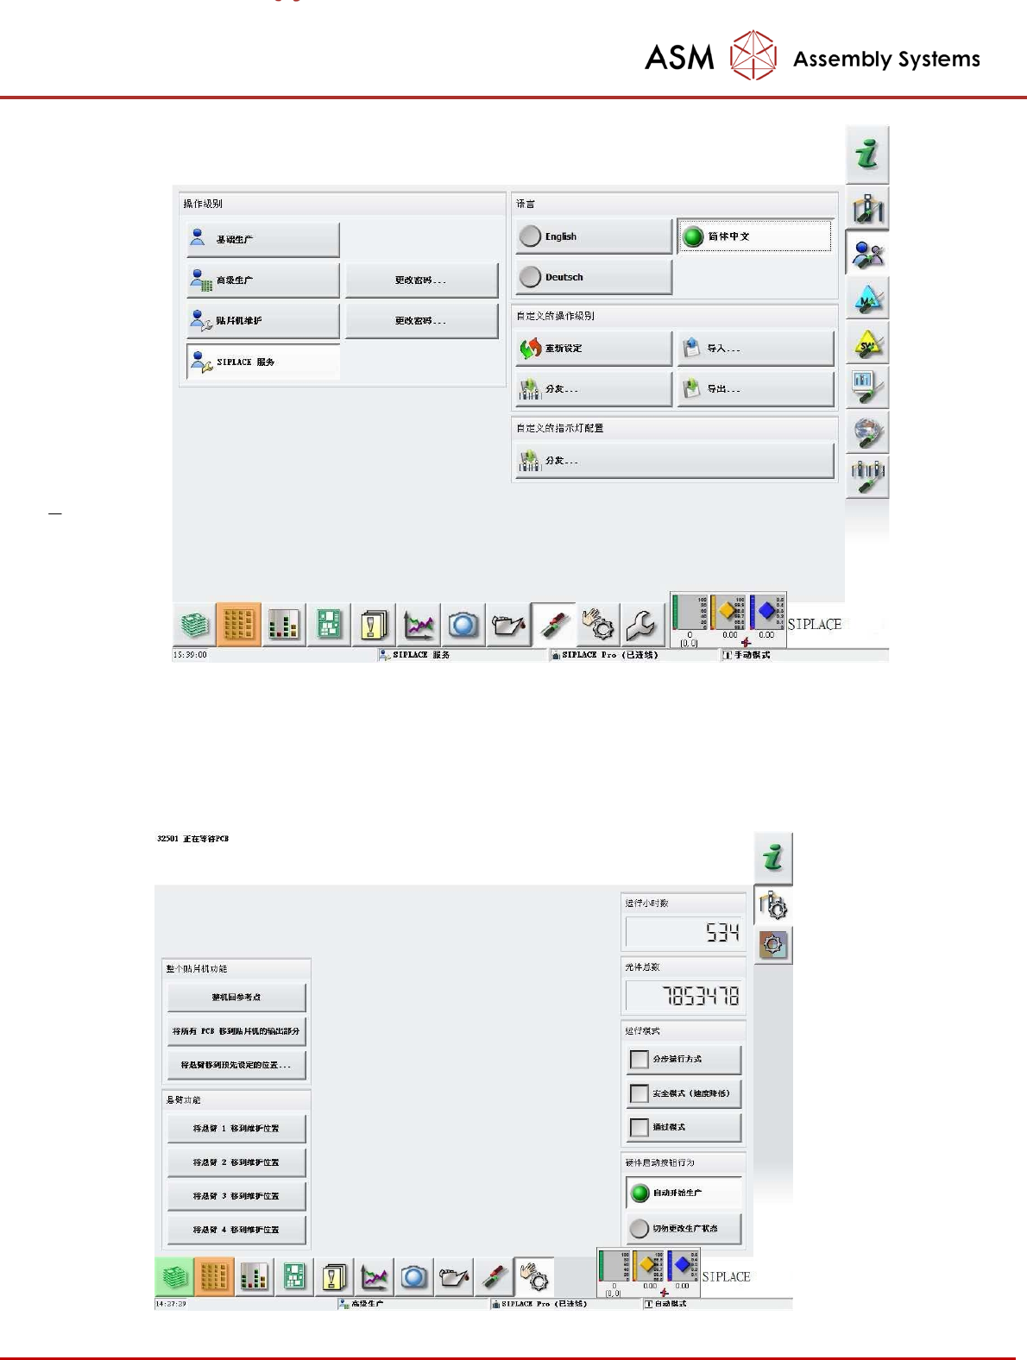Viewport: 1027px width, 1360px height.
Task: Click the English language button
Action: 594,236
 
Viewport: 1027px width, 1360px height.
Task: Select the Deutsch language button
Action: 594,277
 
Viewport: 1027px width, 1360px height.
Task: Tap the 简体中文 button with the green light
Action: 754,236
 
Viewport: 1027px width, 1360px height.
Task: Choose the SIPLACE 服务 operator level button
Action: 263,362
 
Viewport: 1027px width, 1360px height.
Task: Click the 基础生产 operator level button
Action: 263,240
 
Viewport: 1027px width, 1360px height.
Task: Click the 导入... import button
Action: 755,349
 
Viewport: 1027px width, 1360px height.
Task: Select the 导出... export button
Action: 755,389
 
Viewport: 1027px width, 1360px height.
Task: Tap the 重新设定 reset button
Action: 594,349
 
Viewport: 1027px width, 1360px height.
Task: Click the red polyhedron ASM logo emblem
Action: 753,56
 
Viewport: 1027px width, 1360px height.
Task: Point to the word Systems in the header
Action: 938,60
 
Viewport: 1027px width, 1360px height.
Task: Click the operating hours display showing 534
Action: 684,932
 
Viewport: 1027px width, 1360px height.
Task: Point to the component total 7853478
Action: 684,997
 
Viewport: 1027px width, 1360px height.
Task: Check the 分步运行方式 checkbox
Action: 640,1060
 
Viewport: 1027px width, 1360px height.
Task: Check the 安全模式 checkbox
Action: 640,1094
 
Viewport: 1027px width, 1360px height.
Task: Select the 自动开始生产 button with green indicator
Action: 684,1193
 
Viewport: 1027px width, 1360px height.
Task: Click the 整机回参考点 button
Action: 236,998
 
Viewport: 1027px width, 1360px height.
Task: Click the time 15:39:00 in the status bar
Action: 191,655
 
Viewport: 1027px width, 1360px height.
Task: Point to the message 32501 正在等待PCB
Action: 193,839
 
